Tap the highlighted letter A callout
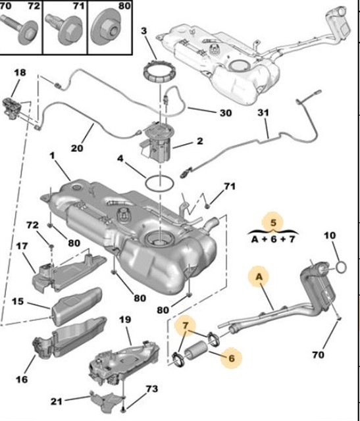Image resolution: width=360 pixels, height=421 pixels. [x=259, y=278]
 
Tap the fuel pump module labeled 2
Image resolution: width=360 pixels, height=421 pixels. [x=157, y=141]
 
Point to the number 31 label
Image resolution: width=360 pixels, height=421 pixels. [x=263, y=113]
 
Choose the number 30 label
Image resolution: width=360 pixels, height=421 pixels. [x=225, y=113]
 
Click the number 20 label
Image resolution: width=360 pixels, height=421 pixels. [x=77, y=148]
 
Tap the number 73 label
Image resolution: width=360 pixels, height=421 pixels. [x=152, y=389]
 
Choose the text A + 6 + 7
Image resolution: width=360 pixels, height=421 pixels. [x=273, y=241]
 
